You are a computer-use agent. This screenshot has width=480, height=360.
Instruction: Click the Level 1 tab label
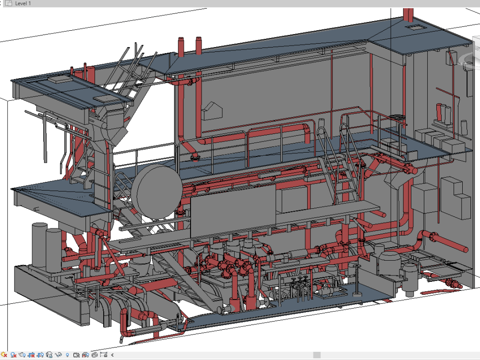pyautogui.click(x=24, y=3)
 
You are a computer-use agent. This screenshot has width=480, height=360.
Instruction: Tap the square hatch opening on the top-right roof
pyautogui.click(x=413, y=29)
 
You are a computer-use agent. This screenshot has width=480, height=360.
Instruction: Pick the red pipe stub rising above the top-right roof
pyautogui.click(x=408, y=14)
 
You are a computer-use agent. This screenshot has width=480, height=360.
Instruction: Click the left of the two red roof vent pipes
pyautogui.click(x=181, y=47)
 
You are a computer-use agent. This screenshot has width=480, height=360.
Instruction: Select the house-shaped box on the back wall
pyautogui.click(x=212, y=111)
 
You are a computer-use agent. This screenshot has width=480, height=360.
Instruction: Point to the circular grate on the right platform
pyautogui.click(x=397, y=117)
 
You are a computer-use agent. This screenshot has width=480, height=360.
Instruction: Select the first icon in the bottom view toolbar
pyautogui.click(x=4, y=355)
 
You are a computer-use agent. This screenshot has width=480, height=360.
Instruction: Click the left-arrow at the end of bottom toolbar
pyautogui.click(x=112, y=355)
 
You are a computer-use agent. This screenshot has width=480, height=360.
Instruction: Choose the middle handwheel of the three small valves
pyautogui.click(x=300, y=279)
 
